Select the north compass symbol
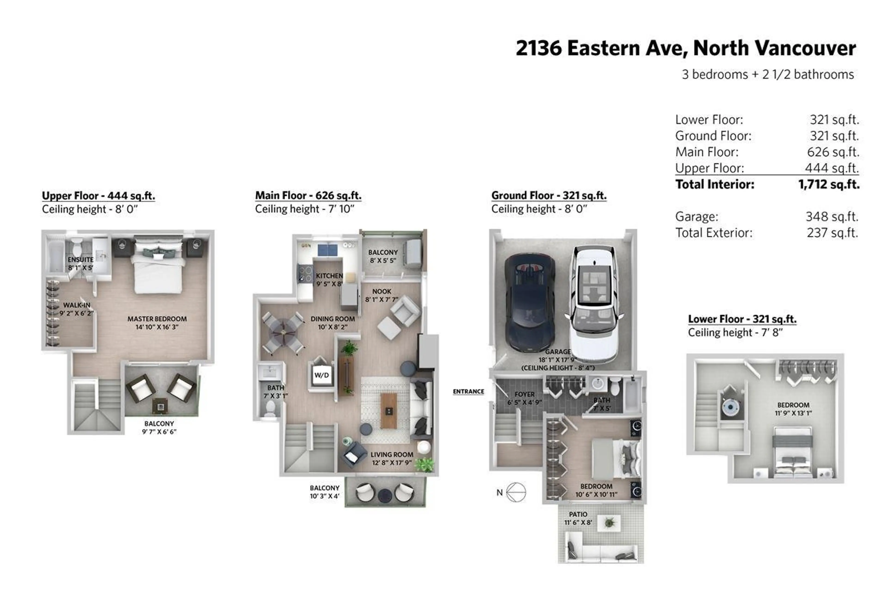[x=516, y=492]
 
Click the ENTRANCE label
[x=469, y=391]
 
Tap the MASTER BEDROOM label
[x=157, y=319]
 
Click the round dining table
[x=283, y=333]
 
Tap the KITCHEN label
[x=329, y=276]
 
